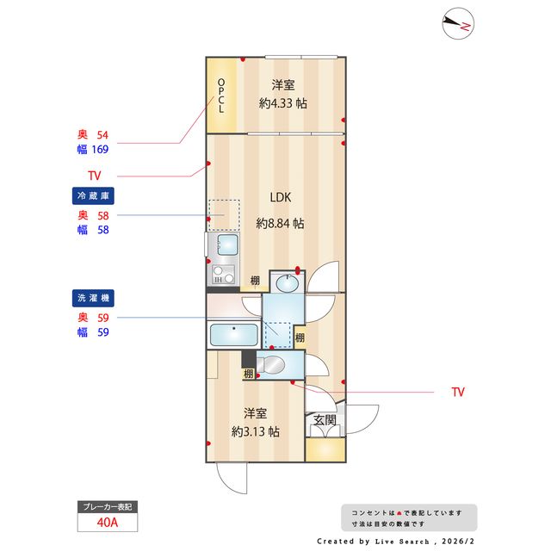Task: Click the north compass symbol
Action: [458, 23]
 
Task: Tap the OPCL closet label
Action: [221, 96]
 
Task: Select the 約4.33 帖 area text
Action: [283, 103]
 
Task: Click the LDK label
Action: [281, 197]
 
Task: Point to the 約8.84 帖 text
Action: [280, 223]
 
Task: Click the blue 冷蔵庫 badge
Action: [93, 195]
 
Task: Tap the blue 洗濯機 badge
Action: [93, 298]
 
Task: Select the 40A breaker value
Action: [108, 523]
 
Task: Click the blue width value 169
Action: [100, 149]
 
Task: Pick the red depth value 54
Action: [102, 135]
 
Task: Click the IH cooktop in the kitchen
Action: [224, 275]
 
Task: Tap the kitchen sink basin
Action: [227, 245]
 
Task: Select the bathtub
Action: [233, 335]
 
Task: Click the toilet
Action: [270, 365]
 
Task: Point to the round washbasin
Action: [287, 283]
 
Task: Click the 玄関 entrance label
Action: [325, 420]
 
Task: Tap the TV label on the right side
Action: [458, 393]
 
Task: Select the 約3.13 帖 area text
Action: [256, 431]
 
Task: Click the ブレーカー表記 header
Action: [108, 507]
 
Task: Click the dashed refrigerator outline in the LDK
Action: [224, 215]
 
